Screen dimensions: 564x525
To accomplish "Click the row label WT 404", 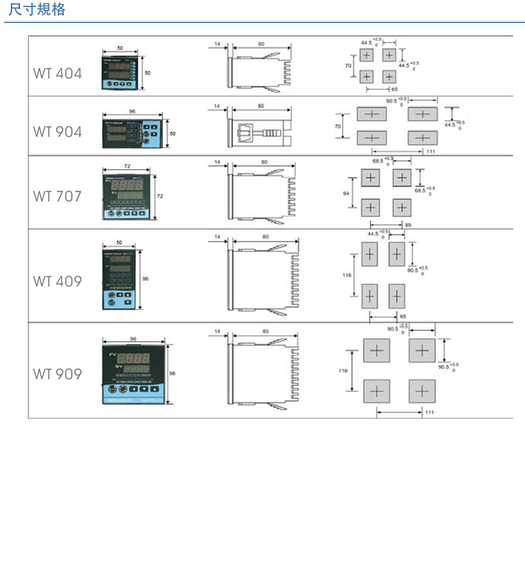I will (57, 73).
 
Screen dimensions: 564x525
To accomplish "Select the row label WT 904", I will (57, 132).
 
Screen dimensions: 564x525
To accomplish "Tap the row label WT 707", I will (57, 196).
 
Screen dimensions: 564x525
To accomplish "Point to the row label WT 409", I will (57, 281).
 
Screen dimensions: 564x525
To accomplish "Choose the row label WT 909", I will (57, 374).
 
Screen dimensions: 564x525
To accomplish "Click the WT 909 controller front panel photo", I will (133, 374).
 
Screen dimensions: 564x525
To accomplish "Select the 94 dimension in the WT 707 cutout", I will (346, 193).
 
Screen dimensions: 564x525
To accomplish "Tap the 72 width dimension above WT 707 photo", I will (127, 165).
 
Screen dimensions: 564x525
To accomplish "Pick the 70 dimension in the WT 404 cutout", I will (347, 66).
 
